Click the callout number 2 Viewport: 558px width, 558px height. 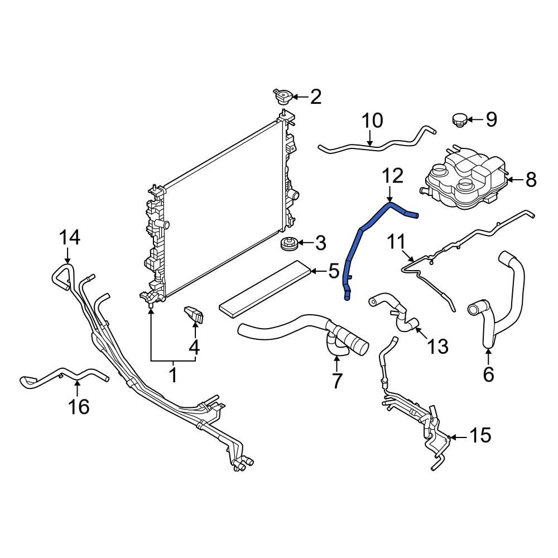pyautogui.click(x=316, y=97)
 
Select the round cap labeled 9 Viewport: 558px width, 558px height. pyautogui.click(x=459, y=119)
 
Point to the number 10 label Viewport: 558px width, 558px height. pyautogui.click(x=372, y=121)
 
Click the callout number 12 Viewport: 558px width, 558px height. pyautogui.click(x=392, y=176)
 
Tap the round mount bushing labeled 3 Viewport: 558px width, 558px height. pyautogui.click(x=288, y=244)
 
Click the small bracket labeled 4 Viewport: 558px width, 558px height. pyautogui.click(x=194, y=315)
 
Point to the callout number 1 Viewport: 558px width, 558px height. pyautogui.click(x=173, y=374)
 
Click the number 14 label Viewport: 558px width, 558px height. pyautogui.click(x=70, y=238)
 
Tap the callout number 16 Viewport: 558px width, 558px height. pyautogui.click(x=79, y=407)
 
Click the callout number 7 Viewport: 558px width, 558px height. pyautogui.click(x=336, y=381)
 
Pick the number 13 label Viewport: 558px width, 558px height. pyautogui.click(x=437, y=347)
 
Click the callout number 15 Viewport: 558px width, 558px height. pyautogui.click(x=480, y=436)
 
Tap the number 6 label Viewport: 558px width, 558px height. pyautogui.click(x=488, y=374)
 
